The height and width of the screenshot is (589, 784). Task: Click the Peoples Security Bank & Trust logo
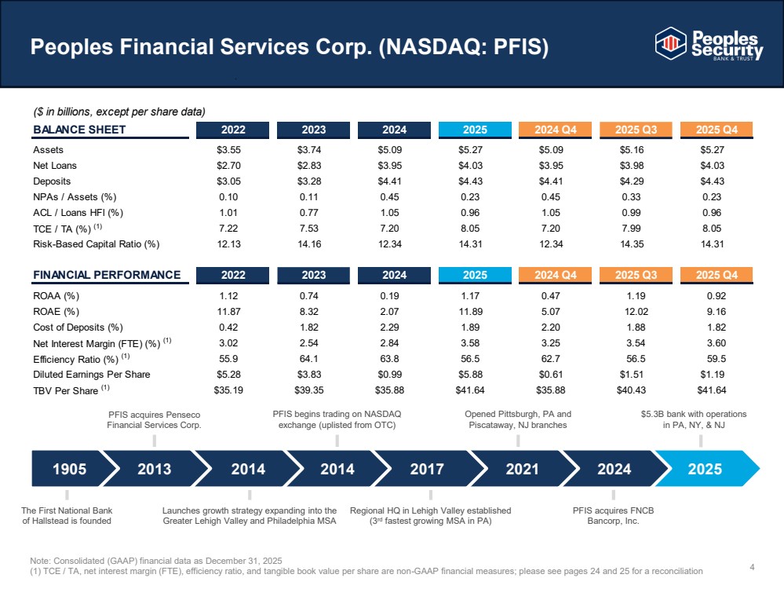(709, 43)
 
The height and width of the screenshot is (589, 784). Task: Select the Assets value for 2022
(228, 150)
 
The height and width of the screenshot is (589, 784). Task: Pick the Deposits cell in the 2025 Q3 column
(632, 181)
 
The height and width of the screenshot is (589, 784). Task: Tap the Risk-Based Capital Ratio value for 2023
(309, 244)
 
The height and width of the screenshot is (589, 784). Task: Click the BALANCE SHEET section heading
(79, 130)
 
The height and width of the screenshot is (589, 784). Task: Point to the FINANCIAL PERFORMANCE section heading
(107, 275)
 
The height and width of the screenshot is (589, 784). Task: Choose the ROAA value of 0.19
(389, 296)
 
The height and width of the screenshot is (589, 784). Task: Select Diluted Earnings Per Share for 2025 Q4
(712, 375)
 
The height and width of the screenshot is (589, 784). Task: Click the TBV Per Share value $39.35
(309, 390)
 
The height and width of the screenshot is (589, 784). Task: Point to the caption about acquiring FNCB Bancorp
(613, 515)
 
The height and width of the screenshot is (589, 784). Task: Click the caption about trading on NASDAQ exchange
(337, 419)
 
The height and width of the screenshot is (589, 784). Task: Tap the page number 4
(752, 567)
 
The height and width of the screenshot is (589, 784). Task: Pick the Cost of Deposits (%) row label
(78, 327)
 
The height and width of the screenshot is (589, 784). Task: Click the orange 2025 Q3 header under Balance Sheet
(636, 130)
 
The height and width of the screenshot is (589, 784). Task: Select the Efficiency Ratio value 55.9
(228, 359)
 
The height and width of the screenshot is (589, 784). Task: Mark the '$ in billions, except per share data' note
(119, 112)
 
